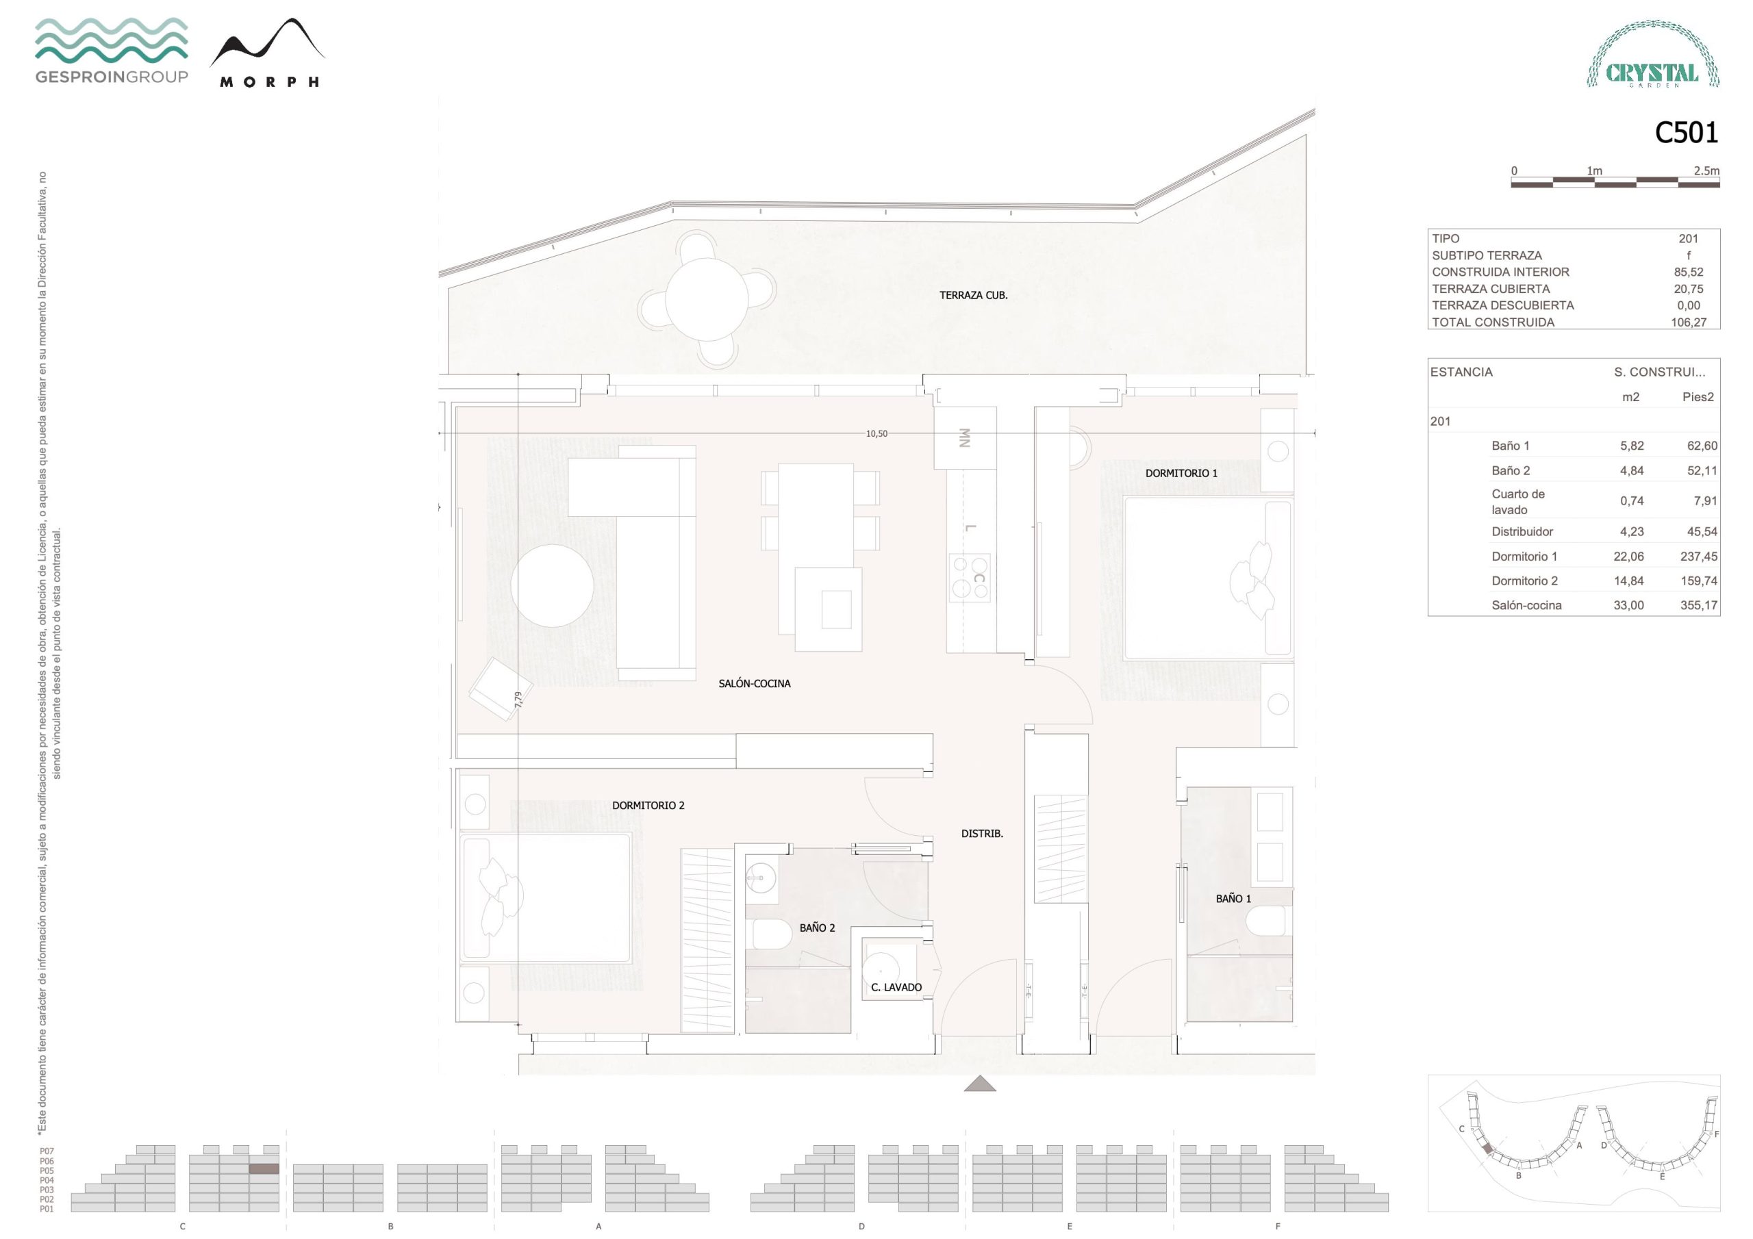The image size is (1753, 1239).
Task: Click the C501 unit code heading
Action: click(1686, 133)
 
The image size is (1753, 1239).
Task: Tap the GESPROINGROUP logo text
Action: click(112, 77)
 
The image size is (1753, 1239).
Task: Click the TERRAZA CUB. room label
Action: click(974, 296)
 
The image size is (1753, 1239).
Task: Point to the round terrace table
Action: click(706, 299)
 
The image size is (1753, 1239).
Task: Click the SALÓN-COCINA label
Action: click(755, 684)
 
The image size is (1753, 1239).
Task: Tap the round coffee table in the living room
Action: click(552, 585)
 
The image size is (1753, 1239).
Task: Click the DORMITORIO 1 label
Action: click(1181, 473)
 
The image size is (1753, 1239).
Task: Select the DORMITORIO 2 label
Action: click(648, 806)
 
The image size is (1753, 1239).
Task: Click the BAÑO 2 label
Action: click(817, 928)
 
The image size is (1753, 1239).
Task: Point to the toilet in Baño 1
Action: click(1269, 921)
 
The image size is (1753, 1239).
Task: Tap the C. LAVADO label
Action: click(896, 987)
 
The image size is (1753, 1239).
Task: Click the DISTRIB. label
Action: click(982, 834)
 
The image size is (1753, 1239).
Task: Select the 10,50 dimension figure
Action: click(876, 433)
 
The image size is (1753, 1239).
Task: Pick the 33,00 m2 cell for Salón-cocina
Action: click(1628, 605)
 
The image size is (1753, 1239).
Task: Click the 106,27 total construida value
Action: click(1688, 322)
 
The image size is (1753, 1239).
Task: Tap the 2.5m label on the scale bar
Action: click(1706, 171)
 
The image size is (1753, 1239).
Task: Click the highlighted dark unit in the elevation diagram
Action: click(264, 1168)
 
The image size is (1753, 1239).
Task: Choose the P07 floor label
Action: click(47, 1151)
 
